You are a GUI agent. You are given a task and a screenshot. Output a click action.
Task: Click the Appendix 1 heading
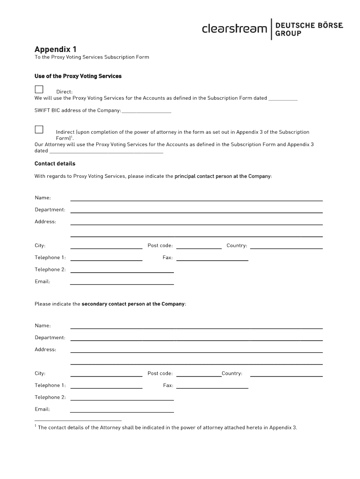click(55, 49)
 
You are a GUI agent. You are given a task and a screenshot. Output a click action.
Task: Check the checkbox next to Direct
click(39, 89)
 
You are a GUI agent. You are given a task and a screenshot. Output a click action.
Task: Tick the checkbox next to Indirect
click(39, 130)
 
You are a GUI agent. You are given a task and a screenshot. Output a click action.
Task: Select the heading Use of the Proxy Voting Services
click(78, 76)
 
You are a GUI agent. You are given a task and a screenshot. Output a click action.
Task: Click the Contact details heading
click(55, 164)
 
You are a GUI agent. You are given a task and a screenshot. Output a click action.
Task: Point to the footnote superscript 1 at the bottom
click(36, 426)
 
